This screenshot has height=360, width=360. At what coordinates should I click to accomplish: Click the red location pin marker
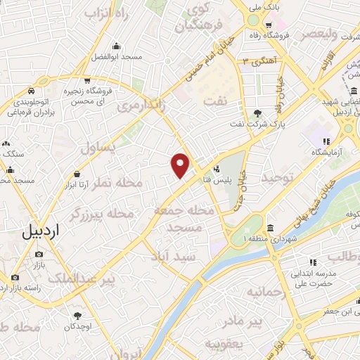[181, 165]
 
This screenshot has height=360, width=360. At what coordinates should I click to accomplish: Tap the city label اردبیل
[41, 230]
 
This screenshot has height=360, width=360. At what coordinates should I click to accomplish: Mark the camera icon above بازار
[38, 253]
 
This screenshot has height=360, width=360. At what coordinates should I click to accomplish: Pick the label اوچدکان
[77, 327]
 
